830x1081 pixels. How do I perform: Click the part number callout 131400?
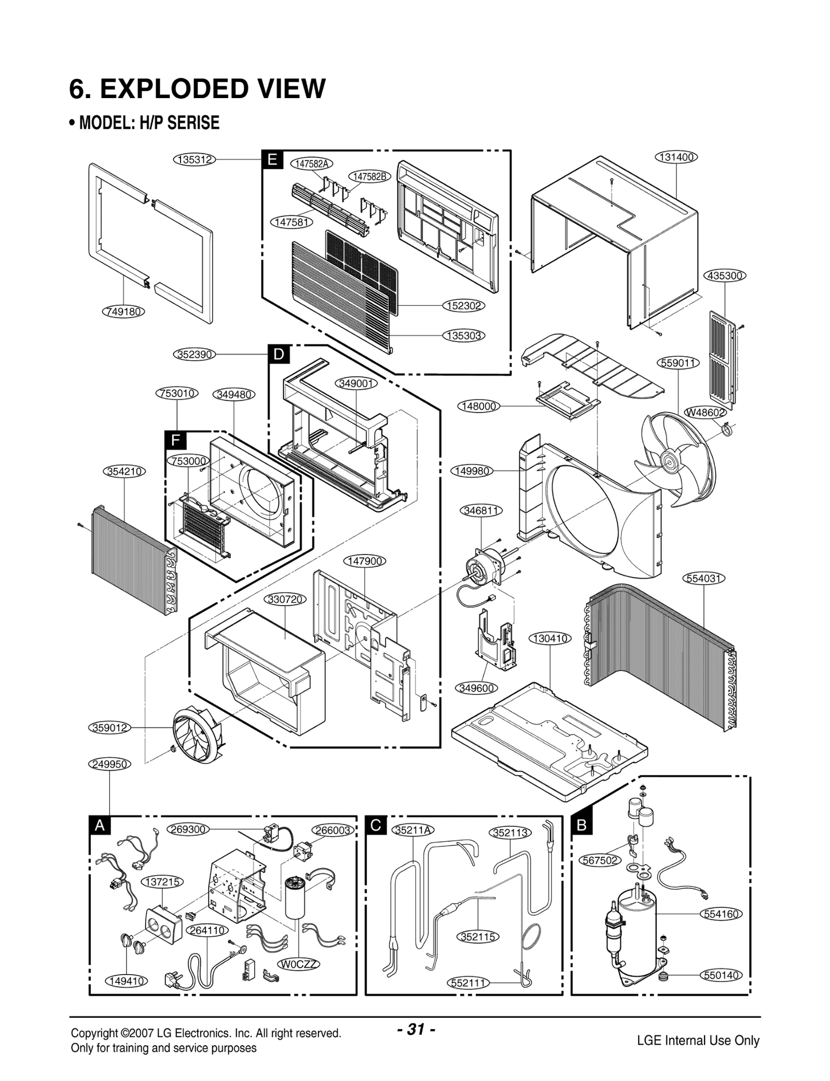coord(676,157)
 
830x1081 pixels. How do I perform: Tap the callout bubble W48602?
coord(705,412)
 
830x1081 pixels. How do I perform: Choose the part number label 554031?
coord(703,578)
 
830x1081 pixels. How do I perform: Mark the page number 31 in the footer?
coord(416,1029)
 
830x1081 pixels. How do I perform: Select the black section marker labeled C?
coord(376,825)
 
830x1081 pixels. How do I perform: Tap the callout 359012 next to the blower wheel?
coord(109,728)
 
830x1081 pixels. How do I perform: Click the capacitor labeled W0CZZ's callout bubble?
coord(299,964)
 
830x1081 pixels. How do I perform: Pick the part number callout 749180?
coord(123,311)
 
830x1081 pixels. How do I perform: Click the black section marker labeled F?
coord(175,441)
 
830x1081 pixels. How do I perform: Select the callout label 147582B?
coord(369,176)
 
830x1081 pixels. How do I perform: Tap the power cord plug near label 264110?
coord(172,979)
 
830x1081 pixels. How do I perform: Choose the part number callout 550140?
coord(721,975)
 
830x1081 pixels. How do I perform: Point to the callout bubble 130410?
coord(550,638)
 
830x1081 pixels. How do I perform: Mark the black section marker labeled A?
coord(100,825)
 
